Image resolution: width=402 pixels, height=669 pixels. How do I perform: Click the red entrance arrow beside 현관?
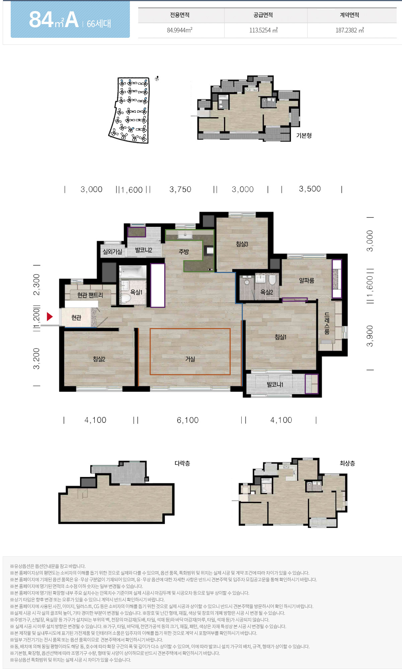[50, 316]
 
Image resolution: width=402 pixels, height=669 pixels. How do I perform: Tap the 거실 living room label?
[190, 359]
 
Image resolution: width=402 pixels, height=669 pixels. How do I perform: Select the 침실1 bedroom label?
[280, 337]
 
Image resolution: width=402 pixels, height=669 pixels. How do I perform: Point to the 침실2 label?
[99, 359]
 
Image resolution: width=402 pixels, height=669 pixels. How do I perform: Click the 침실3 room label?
[242, 244]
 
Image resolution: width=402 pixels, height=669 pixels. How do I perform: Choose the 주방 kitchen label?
[184, 252]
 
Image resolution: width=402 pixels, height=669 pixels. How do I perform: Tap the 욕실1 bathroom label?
[136, 292]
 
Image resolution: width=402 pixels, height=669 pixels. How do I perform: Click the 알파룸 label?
[307, 280]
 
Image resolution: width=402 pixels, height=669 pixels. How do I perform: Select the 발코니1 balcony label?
[275, 384]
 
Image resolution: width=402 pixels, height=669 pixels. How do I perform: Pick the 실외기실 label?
[112, 252]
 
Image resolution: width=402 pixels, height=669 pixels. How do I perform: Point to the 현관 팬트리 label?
[90, 295]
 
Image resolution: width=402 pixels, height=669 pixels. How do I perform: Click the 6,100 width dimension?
[188, 420]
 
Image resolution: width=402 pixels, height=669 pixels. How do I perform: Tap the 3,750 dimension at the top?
[180, 189]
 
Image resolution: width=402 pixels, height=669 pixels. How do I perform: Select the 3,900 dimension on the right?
[370, 336]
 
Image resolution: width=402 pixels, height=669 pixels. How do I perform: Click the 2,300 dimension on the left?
[36, 285]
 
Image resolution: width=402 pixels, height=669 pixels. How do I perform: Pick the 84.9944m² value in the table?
[180, 30]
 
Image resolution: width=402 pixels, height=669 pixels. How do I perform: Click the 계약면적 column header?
[349, 15]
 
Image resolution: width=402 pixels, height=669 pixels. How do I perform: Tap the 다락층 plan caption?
[182, 463]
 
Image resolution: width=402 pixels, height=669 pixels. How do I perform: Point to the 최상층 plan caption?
[347, 463]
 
